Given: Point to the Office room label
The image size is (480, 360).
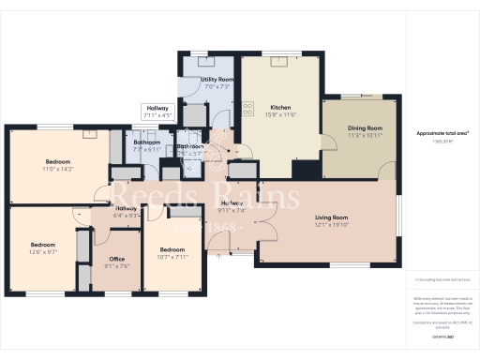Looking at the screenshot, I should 117,259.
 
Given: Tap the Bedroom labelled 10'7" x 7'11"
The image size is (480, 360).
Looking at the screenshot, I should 172,249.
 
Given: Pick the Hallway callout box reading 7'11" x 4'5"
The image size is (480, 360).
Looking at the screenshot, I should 157,112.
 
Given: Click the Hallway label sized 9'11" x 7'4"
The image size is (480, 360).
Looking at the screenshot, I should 232,203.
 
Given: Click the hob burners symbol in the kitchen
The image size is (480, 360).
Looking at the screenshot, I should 249,107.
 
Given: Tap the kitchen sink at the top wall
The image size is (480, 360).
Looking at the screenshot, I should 278,63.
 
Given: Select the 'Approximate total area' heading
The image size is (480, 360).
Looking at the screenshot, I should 442,134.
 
